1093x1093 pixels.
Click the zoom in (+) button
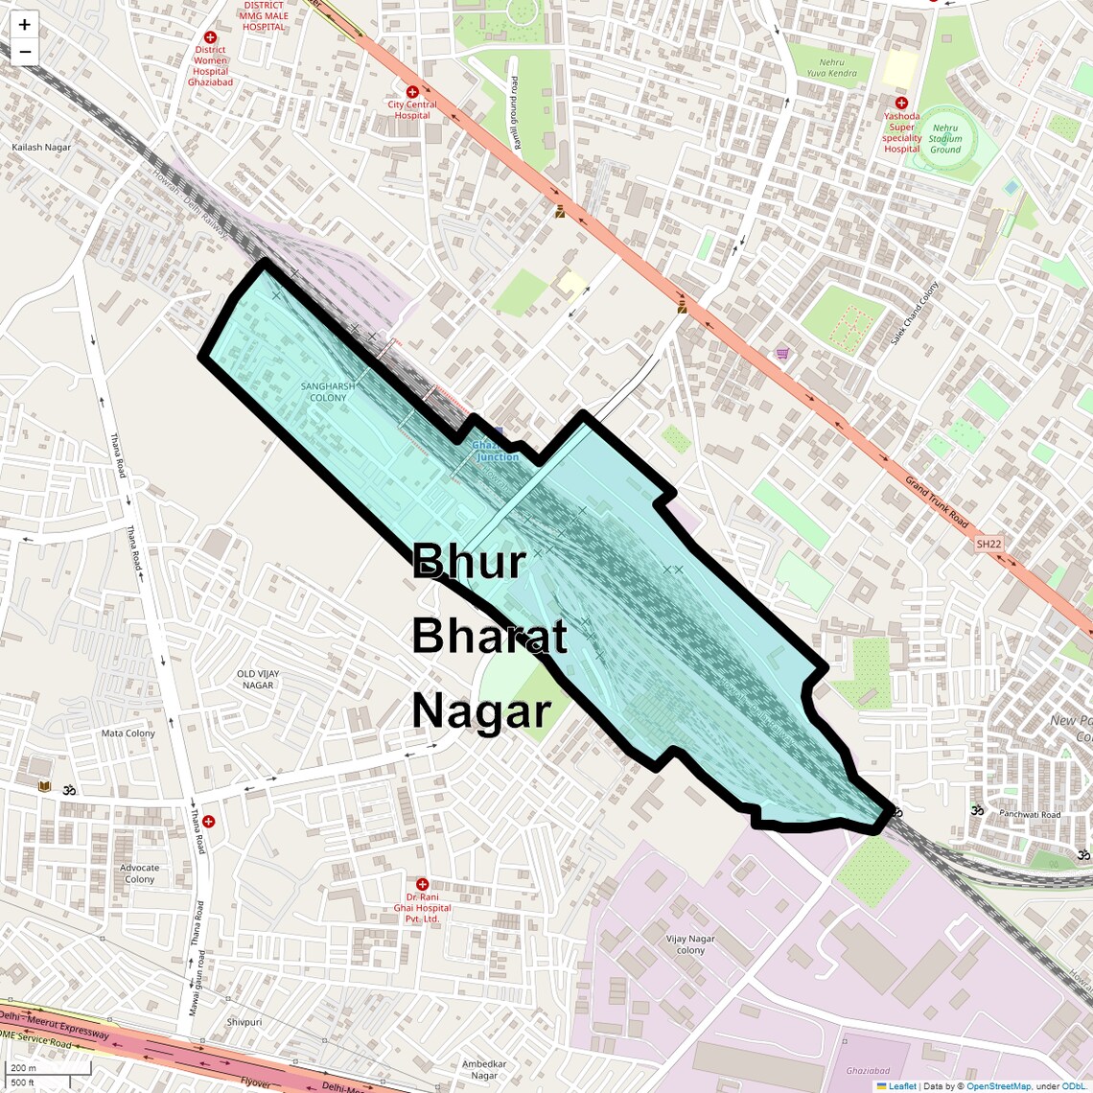pyautogui.click(x=24, y=25)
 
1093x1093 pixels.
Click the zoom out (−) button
pyautogui.click(x=24, y=51)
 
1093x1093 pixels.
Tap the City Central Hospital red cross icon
pyautogui.click(x=411, y=92)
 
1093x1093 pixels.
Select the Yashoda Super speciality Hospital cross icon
pyautogui.click(x=901, y=103)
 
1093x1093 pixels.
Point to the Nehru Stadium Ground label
pyautogui.click(x=944, y=139)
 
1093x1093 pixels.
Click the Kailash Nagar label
pyautogui.click(x=41, y=148)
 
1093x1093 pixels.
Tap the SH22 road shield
pyautogui.click(x=988, y=544)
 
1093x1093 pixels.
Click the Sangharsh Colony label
pyautogui.click(x=328, y=392)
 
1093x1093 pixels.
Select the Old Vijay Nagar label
pyautogui.click(x=258, y=680)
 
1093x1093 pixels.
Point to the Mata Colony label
pyautogui.click(x=128, y=733)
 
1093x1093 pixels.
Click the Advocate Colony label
pyautogui.click(x=140, y=873)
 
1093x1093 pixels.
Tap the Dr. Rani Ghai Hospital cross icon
pyautogui.click(x=422, y=884)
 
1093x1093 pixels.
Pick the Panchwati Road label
pyautogui.click(x=1030, y=814)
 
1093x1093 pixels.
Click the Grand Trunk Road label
pyautogui.click(x=937, y=500)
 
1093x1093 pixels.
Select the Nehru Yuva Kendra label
pyautogui.click(x=831, y=68)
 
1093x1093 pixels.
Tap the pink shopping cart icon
pyautogui.click(x=783, y=353)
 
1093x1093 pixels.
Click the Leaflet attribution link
pyautogui.click(x=901, y=1086)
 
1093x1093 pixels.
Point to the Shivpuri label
pyautogui.click(x=244, y=1022)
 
